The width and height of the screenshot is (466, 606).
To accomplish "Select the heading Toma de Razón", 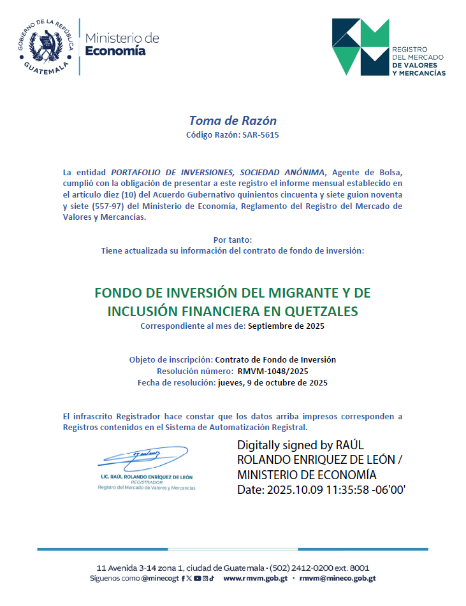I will (233, 120).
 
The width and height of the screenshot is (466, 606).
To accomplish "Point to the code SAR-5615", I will (260, 135).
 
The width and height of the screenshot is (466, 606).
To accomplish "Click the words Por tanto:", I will (233, 240).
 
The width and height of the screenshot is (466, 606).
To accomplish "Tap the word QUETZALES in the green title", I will (327, 312).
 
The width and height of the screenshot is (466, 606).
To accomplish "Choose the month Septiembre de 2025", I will (286, 326).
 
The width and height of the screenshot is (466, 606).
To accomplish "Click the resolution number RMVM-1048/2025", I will (273, 370).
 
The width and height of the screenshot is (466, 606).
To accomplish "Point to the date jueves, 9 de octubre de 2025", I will (273, 382).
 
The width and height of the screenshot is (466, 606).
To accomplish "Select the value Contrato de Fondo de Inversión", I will (275, 359).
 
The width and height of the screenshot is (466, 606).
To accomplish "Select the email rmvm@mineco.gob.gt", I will (337, 579).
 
